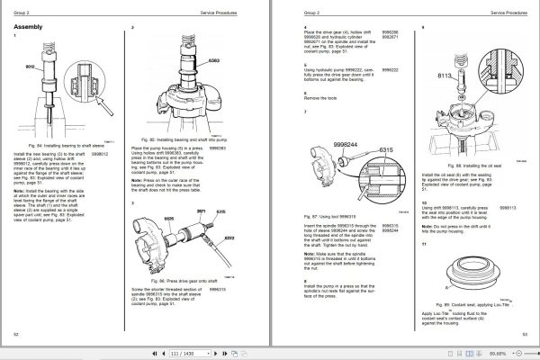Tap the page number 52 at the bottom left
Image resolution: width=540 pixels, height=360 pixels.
tap(17, 333)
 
